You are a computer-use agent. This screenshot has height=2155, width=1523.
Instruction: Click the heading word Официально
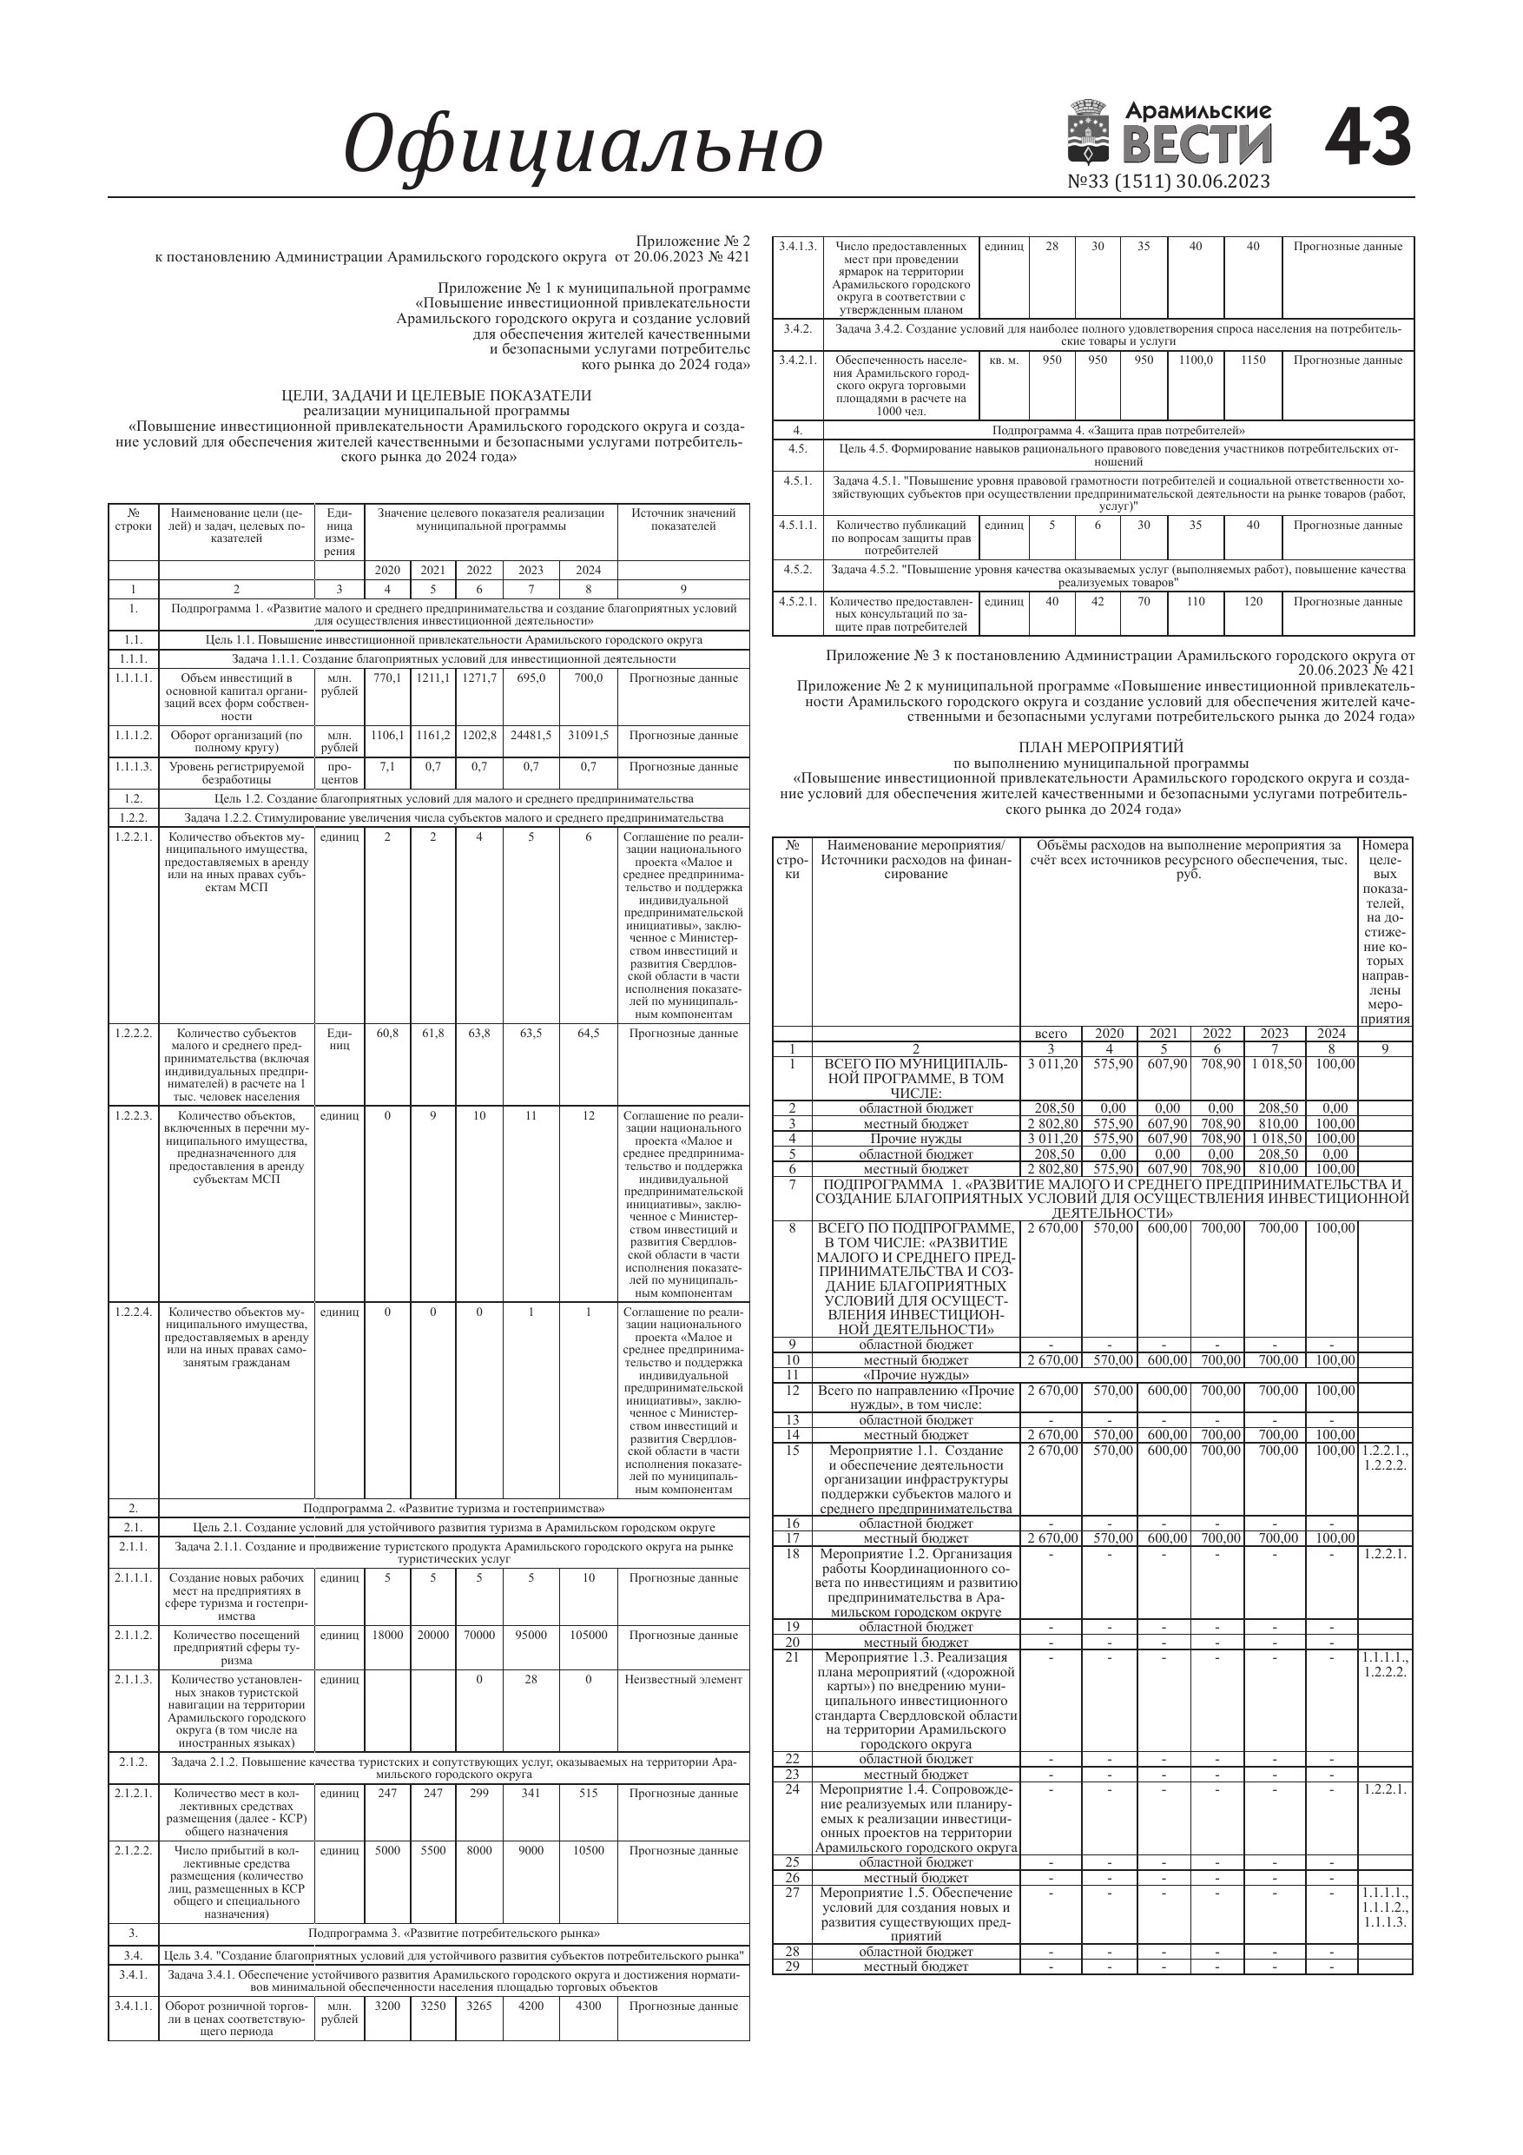(x=583, y=145)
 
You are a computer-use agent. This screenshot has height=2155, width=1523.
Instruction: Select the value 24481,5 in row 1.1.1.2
(x=531, y=736)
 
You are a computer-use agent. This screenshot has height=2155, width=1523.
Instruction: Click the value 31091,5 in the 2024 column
(x=589, y=736)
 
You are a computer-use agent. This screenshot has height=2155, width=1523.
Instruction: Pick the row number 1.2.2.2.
(x=133, y=1034)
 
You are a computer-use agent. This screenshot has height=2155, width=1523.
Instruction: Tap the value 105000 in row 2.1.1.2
(x=589, y=1635)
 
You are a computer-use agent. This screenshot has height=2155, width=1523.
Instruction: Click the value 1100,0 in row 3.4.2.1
(x=1196, y=360)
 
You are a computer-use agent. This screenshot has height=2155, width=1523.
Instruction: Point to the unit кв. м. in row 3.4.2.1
(x=1003, y=360)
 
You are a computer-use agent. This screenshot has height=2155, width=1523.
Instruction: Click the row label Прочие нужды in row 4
(x=916, y=1139)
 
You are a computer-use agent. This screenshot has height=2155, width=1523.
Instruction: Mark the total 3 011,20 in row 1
(x=1052, y=1064)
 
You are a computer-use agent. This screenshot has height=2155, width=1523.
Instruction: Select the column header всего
(x=1050, y=1034)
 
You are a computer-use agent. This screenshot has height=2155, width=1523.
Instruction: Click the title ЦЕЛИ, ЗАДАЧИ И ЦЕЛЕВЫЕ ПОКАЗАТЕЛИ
(x=437, y=395)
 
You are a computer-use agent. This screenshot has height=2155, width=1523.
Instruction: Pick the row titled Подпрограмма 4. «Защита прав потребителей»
(x=1118, y=431)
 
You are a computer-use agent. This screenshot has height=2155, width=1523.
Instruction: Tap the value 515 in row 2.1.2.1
(x=589, y=1794)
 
